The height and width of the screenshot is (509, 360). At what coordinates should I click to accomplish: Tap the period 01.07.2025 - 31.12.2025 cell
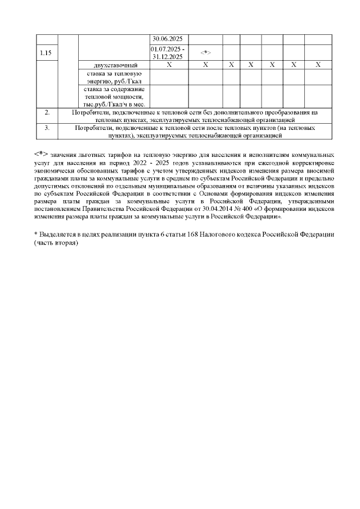tap(169, 53)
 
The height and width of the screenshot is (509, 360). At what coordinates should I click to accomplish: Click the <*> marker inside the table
tap(205, 53)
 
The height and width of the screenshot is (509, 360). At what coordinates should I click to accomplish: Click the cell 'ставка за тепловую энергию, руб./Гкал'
tap(114, 78)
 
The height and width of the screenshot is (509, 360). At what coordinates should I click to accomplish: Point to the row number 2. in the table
tap(47, 112)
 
